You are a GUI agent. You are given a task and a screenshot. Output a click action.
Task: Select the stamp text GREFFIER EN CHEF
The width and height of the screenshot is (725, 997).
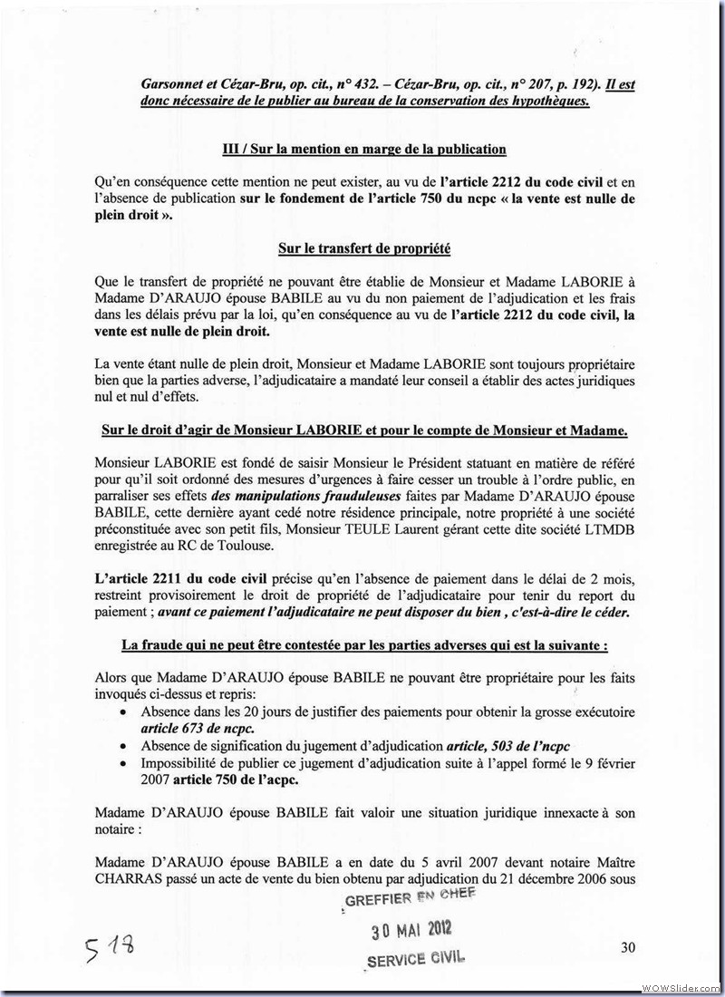pos(411,899)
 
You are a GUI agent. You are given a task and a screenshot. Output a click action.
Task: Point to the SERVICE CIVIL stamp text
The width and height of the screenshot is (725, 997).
pos(416,957)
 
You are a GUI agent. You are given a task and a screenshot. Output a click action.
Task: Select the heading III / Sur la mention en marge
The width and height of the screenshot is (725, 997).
pos(363,150)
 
